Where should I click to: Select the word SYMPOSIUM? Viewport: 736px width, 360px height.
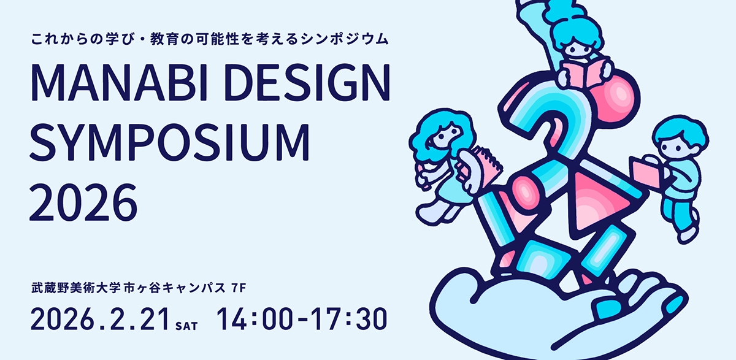(x=169, y=143)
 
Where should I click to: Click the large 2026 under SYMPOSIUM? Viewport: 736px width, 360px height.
(x=83, y=201)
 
